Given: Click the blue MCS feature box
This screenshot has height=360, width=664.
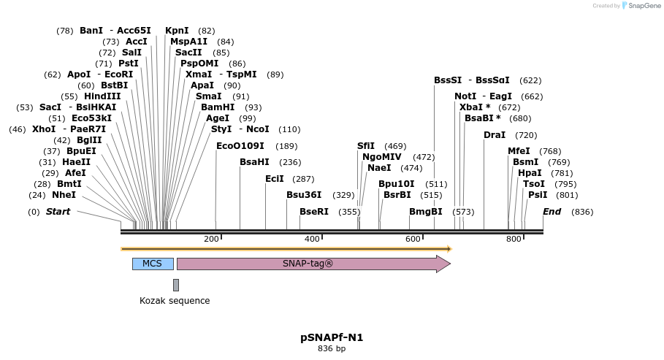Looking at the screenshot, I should pos(153,264).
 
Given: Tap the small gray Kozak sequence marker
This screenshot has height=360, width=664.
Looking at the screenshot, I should pos(176,285).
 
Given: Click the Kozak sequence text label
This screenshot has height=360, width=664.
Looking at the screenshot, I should pos(175,301).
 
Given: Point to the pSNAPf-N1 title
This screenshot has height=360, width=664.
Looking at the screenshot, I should pos(332,337).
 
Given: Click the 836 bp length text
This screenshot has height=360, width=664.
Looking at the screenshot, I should pos(332,349).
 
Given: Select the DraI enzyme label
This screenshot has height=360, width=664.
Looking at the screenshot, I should pos(495,135).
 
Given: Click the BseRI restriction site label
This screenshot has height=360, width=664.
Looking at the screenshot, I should pos(314,212).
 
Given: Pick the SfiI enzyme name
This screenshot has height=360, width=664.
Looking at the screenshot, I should pos(366,146).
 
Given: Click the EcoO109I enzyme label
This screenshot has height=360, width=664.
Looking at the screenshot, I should pos(240,146).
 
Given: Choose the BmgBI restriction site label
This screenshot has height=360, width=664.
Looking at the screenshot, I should pos(426,212).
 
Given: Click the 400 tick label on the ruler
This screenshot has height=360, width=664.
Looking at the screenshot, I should pos(312,240).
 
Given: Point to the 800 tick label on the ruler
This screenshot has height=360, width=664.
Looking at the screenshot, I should pos(514,240).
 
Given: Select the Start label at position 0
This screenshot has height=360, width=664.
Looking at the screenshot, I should pos(58,212).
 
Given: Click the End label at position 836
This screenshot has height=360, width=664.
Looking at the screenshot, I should pos(552,212).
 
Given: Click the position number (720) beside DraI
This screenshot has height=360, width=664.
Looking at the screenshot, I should pos(526,135).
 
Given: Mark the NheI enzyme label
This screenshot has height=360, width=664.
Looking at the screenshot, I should pos(64,195).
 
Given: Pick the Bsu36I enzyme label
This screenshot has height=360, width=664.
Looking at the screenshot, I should pos(304,195).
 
